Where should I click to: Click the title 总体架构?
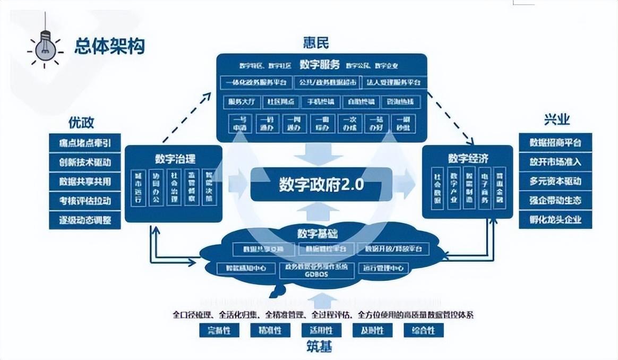click(x=109, y=46)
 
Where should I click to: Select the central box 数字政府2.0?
click(x=321, y=184)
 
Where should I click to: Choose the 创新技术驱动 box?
click(x=85, y=161)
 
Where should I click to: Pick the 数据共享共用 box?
click(x=85, y=181)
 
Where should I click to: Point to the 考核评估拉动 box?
click(x=85, y=200)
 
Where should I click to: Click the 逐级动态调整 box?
click(x=85, y=220)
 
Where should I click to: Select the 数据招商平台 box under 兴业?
click(x=555, y=142)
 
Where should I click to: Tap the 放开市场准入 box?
click(x=555, y=161)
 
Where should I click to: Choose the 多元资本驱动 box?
click(x=555, y=181)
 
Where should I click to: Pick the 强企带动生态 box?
click(x=555, y=200)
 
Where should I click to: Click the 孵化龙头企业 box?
click(x=555, y=219)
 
